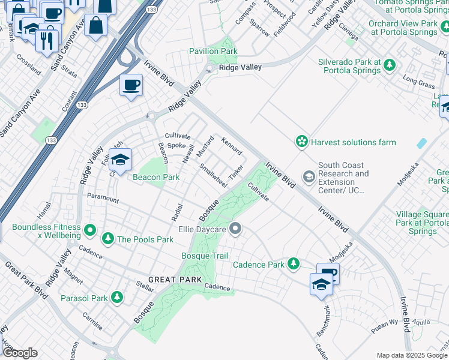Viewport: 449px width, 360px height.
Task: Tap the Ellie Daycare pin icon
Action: click(236, 229)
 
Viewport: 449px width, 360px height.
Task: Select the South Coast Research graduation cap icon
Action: click(309, 176)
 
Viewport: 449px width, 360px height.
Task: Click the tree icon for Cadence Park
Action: click(293, 264)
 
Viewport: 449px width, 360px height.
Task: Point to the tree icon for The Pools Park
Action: click(108, 239)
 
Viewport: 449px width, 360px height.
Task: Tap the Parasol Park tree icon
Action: click(116, 298)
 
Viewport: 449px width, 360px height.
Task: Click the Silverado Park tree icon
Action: click(390, 64)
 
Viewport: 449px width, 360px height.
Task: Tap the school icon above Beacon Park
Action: click(121, 161)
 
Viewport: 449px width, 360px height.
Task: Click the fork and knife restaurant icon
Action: click(45, 40)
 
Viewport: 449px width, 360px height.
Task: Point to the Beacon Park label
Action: click(155, 177)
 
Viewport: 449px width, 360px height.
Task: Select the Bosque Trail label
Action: click(205, 256)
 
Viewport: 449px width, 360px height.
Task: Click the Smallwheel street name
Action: click(212, 175)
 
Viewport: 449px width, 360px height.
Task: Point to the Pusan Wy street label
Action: click(385, 322)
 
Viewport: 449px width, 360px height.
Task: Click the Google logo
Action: click(20, 353)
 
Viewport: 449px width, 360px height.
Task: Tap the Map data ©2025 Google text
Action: click(411, 355)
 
